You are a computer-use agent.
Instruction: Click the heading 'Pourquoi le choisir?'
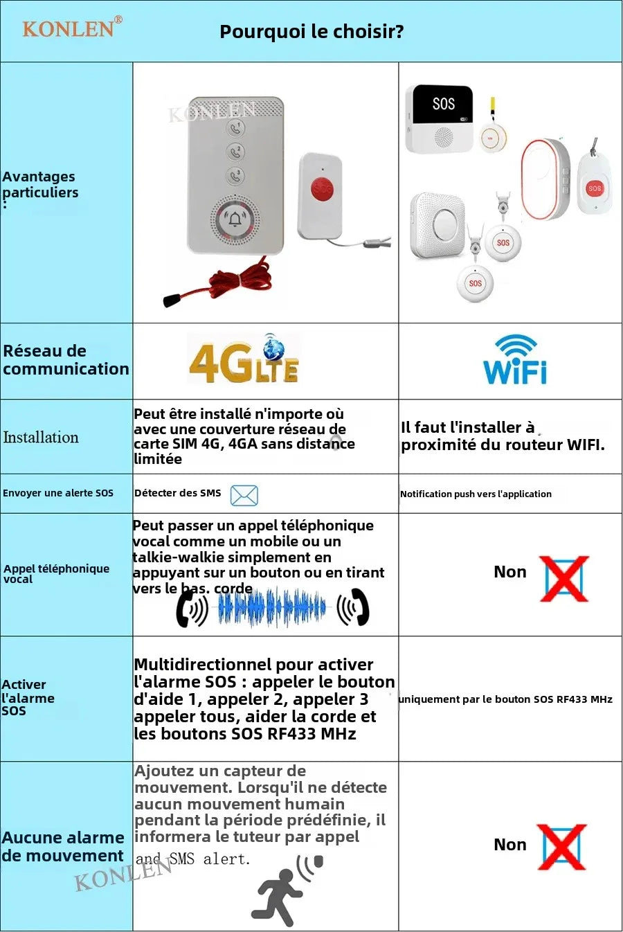pyautogui.click(x=311, y=31)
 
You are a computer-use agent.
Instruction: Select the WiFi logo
pyautogui.click(x=515, y=360)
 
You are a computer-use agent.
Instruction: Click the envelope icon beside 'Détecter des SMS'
pyautogui.click(x=244, y=495)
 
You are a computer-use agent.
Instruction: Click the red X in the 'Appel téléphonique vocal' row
pyautogui.click(x=565, y=578)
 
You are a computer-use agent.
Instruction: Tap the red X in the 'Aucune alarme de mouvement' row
pyautogui.click(x=562, y=847)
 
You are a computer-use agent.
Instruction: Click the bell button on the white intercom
pyautogui.click(x=235, y=219)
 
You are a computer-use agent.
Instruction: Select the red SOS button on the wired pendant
pyautogui.click(x=321, y=188)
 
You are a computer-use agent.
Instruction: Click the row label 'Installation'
pyautogui.click(x=41, y=437)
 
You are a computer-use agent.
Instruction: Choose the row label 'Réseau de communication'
pyautogui.click(x=66, y=360)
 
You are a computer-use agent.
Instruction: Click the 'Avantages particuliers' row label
pyautogui.click(x=40, y=185)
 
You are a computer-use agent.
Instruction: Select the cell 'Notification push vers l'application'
pyautogui.click(x=476, y=494)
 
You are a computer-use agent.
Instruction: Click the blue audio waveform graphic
pyautogui.click(x=271, y=608)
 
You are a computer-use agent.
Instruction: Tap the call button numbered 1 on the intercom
pyautogui.click(x=236, y=128)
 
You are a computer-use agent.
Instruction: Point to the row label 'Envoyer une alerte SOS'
pyautogui.click(x=58, y=493)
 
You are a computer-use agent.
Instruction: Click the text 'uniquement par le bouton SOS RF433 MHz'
pyautogui.click(x=505, y=699)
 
